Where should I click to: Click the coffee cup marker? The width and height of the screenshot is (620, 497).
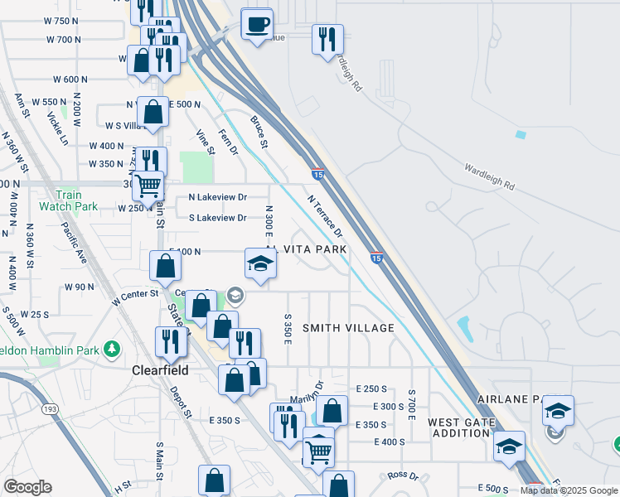pyautogui.click(x=257, y=23)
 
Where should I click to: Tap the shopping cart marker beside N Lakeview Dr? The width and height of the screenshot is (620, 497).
pyautogui.click(x=148, y=186)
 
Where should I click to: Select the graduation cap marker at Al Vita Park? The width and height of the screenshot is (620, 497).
pyautogui.click(x=260, y=264)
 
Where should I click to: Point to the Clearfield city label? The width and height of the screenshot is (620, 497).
pyautogui.click(x=161, y=370)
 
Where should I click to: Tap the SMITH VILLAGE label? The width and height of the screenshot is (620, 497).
pyautogui.click(x=348, y=328)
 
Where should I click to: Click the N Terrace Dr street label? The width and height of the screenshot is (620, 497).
pyautogui.click(x=325, y=215)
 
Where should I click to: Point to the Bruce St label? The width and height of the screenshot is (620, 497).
pyautogui.click(x=259, y=133)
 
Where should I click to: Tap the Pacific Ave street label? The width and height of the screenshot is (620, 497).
pyautogui.click(x=73, y=241)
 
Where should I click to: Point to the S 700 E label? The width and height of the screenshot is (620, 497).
pyautogui.click(x=411, y=403)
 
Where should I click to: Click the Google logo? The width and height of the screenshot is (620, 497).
pyautogui.click(x=27, y=487)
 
